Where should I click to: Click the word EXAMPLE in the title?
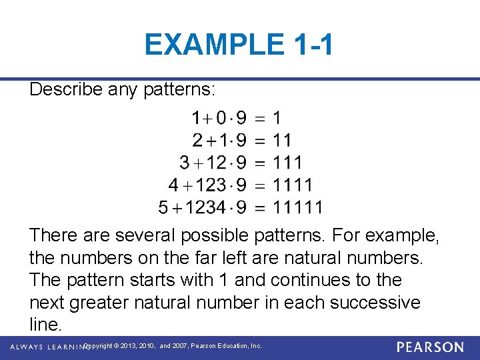pos(212,45)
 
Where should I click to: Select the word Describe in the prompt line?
pos(66,89)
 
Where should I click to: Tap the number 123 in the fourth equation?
pos(211,185)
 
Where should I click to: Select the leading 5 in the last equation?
pos(164,207)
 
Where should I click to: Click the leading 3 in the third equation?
pos(185,163)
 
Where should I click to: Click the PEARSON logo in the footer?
pos(429,347)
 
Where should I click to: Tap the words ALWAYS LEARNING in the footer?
pos(45,347)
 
